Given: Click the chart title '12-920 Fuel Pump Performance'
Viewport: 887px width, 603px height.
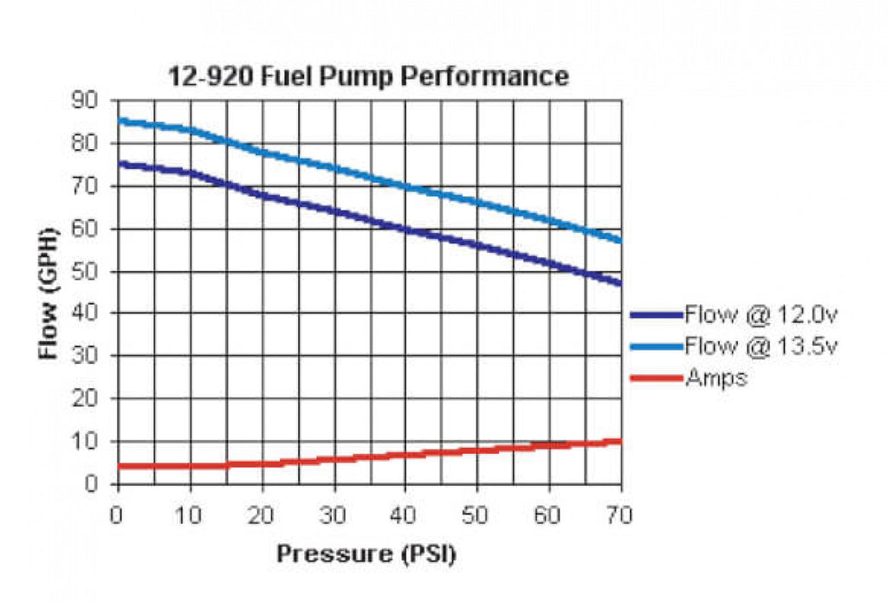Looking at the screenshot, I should [367, 76].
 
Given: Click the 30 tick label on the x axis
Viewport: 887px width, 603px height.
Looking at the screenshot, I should [333, 515].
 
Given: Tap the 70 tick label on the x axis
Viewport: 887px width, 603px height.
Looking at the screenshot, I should [618, 515].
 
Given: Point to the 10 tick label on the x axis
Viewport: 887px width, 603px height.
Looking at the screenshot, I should [190, 515].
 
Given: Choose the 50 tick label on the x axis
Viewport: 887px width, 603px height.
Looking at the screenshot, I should [476, 515].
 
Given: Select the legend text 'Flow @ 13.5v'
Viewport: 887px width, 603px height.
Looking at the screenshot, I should [761, 347].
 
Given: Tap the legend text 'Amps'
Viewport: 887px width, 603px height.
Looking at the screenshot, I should [715, 379].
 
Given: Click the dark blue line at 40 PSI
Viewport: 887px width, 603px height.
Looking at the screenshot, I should [405, 230].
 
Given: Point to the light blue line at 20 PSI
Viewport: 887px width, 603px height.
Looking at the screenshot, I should [262, 153].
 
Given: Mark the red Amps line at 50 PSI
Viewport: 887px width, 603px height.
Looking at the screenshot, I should [476, 450].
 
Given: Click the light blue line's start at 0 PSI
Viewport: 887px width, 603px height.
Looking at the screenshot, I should [120, 120].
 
